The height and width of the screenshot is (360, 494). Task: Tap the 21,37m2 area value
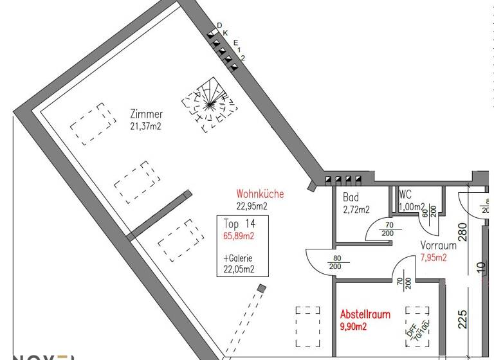(x=145, y=125)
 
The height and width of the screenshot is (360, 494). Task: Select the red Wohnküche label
(x=260, y=194)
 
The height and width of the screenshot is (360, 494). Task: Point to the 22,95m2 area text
(x=251, y=206)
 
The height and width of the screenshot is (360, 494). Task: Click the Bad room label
(x=351, y=198)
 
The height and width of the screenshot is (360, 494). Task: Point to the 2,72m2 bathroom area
(x=356, y=209)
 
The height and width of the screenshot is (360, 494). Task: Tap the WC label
(x=405, y=194)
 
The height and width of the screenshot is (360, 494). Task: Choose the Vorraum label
(x=439, y=246)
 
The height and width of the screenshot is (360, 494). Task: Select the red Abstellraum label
(x=365, y=315)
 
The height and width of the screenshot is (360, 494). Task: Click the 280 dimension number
(x=462, y=230)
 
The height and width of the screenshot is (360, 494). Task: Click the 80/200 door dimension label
(x=334, y=262)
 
